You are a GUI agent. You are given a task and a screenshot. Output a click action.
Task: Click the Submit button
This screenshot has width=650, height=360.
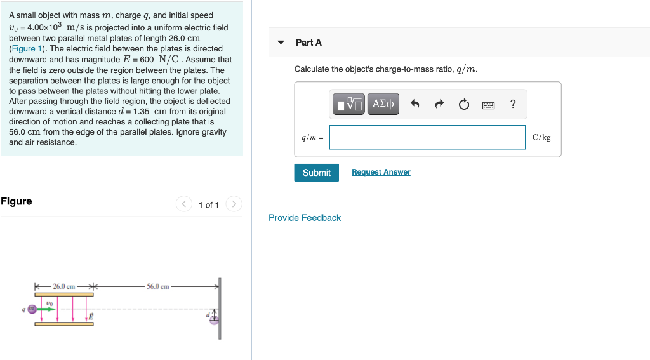click(316, 173)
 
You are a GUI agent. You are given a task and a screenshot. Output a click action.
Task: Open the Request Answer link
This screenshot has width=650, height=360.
click(381, 172)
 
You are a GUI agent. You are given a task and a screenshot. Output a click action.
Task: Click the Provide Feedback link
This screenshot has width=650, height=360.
click(305, 218)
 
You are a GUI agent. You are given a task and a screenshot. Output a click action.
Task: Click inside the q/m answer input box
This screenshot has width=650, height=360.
click(427, 137)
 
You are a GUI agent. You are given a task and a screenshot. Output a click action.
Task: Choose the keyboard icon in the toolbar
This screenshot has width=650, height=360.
click(488, 105)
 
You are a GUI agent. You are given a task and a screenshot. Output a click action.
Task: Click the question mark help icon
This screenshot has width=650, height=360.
click(513, 104)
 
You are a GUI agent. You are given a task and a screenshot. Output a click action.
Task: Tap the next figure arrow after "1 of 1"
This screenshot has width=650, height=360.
click(234, 204)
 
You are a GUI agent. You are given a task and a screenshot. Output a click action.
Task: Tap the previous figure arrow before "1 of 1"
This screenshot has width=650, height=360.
click(183, 204)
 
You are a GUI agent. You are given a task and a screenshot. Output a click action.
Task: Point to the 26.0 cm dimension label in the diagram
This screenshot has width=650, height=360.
click(64, 286)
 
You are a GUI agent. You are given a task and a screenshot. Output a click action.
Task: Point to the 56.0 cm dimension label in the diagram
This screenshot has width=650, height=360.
click(158, 286)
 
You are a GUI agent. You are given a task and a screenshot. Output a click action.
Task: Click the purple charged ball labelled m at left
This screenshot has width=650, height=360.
click(31, 309)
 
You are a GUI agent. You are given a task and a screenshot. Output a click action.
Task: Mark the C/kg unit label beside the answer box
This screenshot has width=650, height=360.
click(541, 137)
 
